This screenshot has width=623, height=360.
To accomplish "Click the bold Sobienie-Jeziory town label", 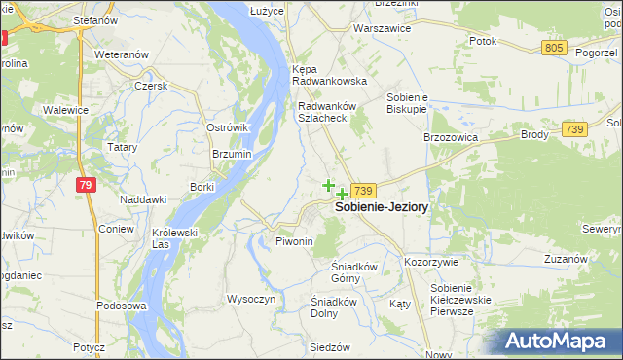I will click(x=382, y=207).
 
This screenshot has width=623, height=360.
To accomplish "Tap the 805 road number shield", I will click(x=555, y=48).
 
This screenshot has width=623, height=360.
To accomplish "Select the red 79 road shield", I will click(x=87, y=185).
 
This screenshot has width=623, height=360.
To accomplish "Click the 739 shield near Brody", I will click(x=574, y=129).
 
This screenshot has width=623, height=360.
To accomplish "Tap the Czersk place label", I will click(x=152, y=85).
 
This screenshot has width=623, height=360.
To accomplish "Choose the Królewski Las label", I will click(x=175, y=238).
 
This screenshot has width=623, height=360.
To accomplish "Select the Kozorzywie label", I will click(x=438, y=263).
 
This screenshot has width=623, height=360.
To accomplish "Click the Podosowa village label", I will click(x=121, y=306).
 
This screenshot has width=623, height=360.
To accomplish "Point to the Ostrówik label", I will click(x=229, y=127).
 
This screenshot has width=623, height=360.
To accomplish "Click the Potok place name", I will click(x=483, y=41).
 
